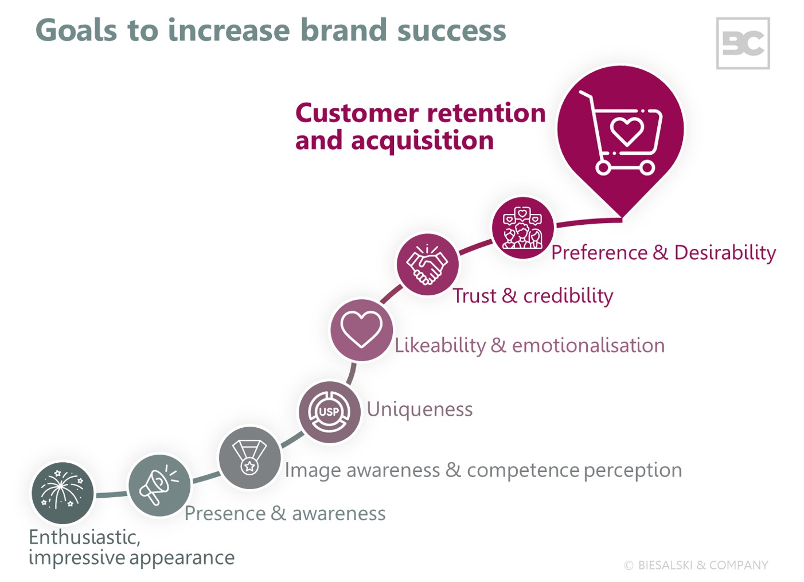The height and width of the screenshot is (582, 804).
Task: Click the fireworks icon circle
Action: click(62, 493)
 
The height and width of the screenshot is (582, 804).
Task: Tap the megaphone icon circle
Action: click(159, 485)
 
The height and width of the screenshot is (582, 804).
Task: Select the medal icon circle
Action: click(249, 458)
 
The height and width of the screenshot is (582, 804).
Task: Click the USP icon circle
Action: click(329, 412)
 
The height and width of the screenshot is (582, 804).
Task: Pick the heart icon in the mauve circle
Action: click(361, 330)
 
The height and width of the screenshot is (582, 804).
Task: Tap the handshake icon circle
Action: click(427, 264)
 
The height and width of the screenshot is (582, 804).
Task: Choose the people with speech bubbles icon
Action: click(522, 228)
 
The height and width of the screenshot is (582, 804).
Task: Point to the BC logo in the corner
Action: click(743, 44)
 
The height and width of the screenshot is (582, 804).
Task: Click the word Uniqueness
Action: click(420, 409)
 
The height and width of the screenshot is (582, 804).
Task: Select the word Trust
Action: click(474, 296)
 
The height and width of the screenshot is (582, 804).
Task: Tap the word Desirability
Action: click(725, 252)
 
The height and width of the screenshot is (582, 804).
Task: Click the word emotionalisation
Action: click(588, 345)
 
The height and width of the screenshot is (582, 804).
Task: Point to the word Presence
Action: click(225, 513)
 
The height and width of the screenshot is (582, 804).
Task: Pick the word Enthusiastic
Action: click(84, 537)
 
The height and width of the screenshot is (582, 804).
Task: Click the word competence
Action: click(522, 470)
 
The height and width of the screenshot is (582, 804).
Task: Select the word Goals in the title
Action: click(76, 30)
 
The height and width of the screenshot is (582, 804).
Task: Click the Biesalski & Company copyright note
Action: click(696, 565)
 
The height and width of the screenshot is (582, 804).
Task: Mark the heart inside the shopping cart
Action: click(627, 130)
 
